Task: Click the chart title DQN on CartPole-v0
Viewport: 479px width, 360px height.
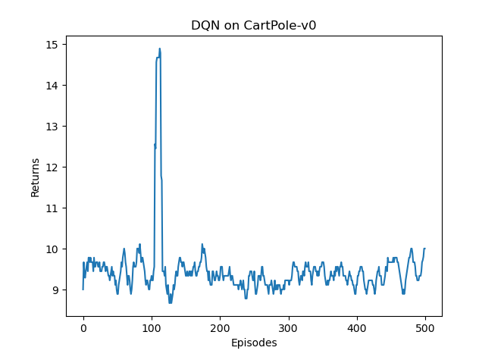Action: [253, 25]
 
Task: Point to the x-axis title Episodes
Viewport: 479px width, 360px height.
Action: [253, 343]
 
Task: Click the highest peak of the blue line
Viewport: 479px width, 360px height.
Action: [159, 49]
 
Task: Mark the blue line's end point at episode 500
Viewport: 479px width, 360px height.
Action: [424, 249]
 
